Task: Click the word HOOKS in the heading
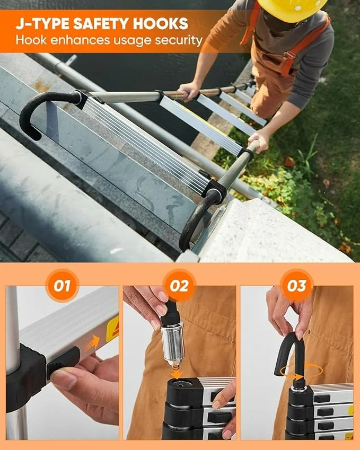[x=160, y=24]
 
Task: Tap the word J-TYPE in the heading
[x=42, y=24]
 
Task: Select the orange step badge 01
[x=62, y=286]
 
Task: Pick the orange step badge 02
[x=179, y=286]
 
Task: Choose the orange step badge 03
[x=296, y=286]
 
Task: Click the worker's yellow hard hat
[x=292, y=9]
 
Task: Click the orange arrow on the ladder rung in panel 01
[x=92, y=344]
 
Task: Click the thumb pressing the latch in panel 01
[x=65, y=376]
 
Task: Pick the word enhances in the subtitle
[x=81, y=40]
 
